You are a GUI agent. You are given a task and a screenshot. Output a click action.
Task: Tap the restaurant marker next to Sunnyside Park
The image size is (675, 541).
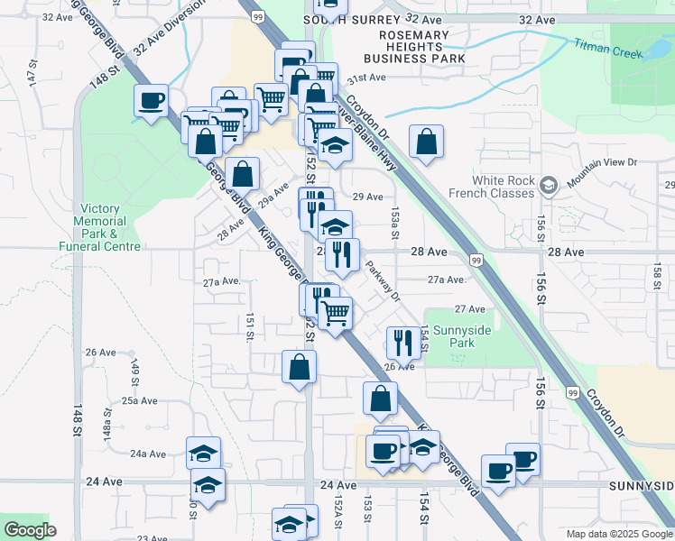(402, 342)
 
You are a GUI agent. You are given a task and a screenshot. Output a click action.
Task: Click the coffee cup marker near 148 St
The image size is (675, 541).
(152, 99)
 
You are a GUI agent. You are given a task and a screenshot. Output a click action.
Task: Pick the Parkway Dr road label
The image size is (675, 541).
(384, 280)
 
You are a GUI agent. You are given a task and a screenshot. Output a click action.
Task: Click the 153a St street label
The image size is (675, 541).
(394, 217)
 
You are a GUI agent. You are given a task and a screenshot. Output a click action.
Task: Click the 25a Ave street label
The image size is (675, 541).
(141, 400)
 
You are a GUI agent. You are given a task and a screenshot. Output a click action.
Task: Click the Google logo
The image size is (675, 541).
(30, 530)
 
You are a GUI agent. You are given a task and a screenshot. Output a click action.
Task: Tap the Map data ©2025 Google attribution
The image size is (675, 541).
(618, 534)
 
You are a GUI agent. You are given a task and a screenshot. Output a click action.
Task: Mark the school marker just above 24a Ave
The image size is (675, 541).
(204, 452)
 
